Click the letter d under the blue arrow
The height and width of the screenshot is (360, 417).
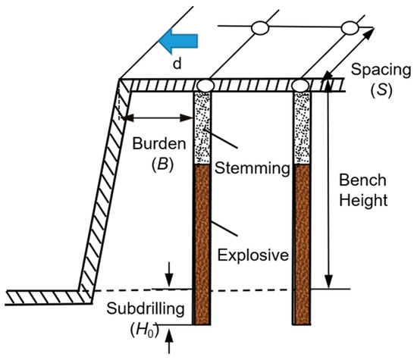(177, 64)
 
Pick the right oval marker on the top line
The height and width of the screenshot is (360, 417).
(350, 28)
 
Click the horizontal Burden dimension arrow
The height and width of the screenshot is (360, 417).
(158, 117)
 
